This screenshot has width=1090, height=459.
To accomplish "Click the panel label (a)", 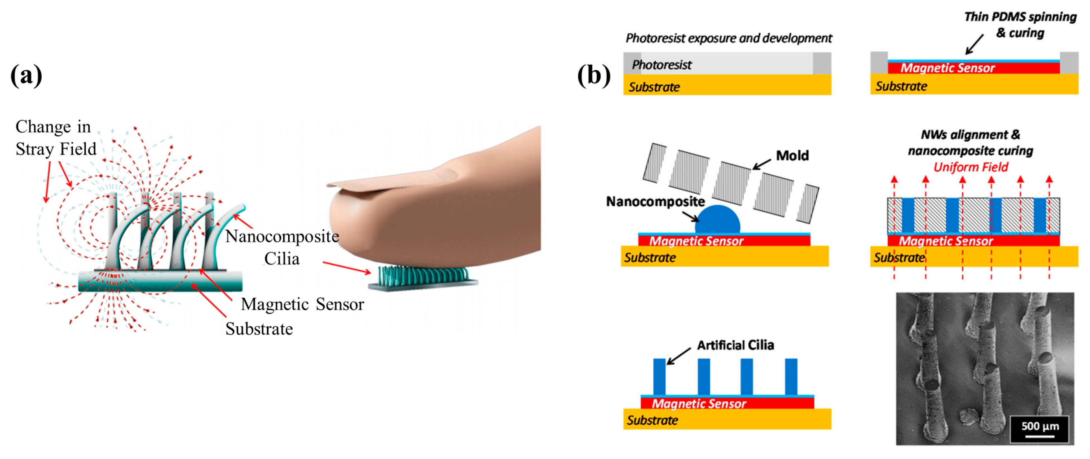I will (x=26, y=75).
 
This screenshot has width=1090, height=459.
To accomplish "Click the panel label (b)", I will (x=594, y=75).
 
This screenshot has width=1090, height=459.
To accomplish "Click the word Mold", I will (x=792, y=156).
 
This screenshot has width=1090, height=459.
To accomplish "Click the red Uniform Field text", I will (x=971, y=167).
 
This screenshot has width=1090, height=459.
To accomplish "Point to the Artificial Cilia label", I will (x=735, y=345).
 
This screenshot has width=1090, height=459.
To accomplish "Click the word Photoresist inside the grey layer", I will (x=661, y=65).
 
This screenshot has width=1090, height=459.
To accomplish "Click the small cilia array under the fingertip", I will (x=423, y=277).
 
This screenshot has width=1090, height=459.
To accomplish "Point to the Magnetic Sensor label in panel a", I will (x=302, y=304).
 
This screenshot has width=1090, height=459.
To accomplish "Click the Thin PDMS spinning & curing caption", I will (x=1020, y=25).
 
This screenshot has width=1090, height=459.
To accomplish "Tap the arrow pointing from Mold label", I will (x=762, y=164).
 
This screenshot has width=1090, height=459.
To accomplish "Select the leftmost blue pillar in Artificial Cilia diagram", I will (x=659, y=376).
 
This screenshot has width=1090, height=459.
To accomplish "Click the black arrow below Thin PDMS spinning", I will (x=975, y=44).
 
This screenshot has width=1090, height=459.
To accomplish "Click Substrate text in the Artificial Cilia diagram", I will (x=652, y=420).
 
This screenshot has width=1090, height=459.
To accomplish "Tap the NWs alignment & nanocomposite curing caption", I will (x=970, y=143).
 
